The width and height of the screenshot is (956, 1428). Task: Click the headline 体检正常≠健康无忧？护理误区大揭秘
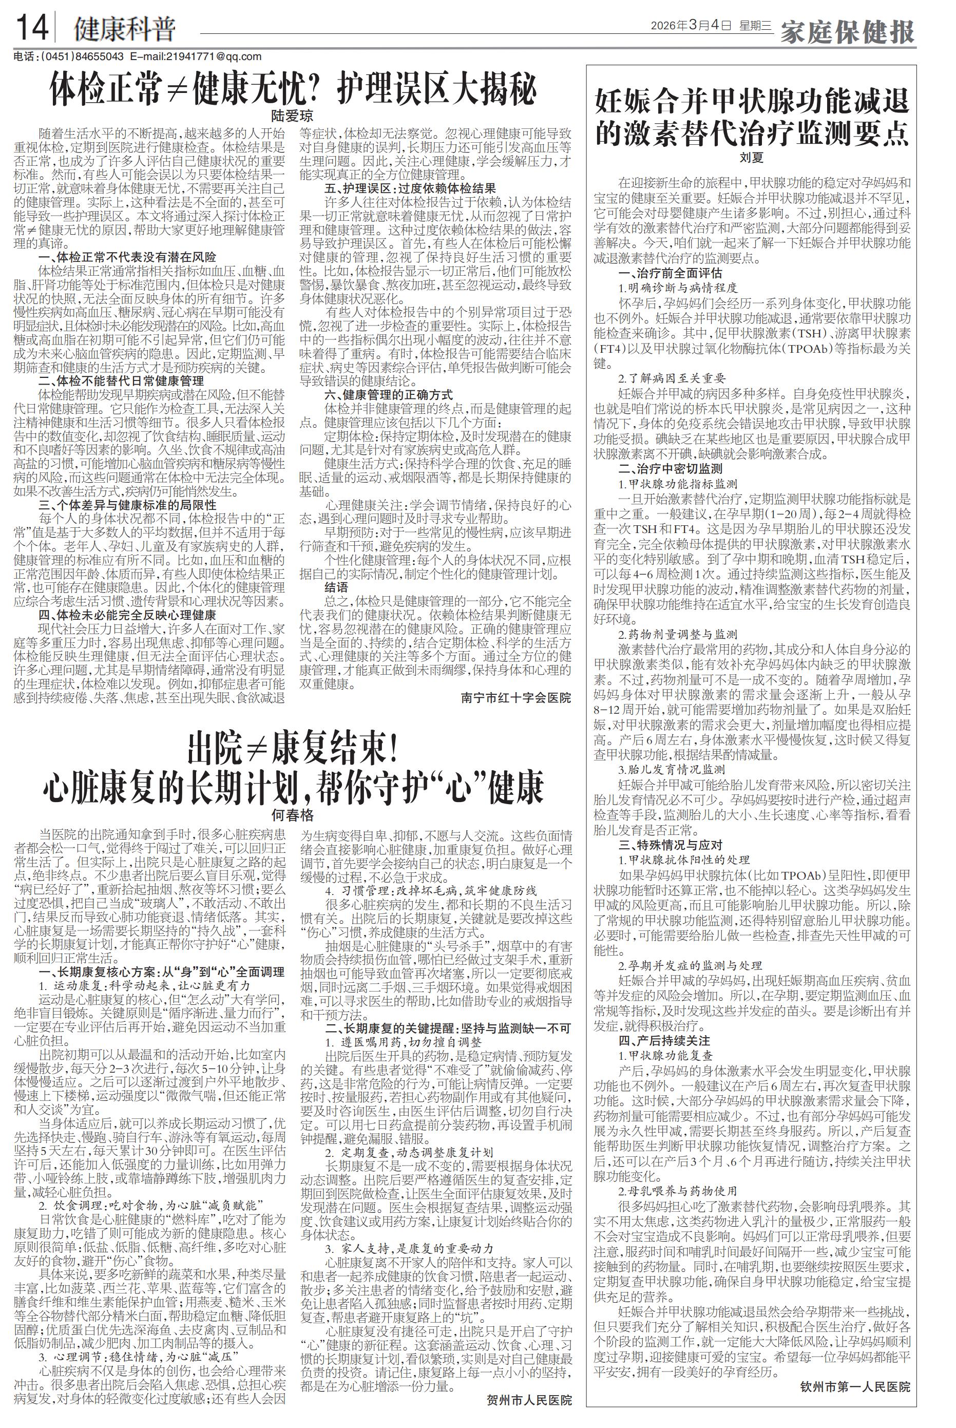(x=293, y=90)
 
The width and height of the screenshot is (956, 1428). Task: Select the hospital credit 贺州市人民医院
(x=529, y=1400)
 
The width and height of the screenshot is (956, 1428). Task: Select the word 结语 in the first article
(x=337, y=587)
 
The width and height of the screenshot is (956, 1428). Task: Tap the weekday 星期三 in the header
(x=755, y=26)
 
